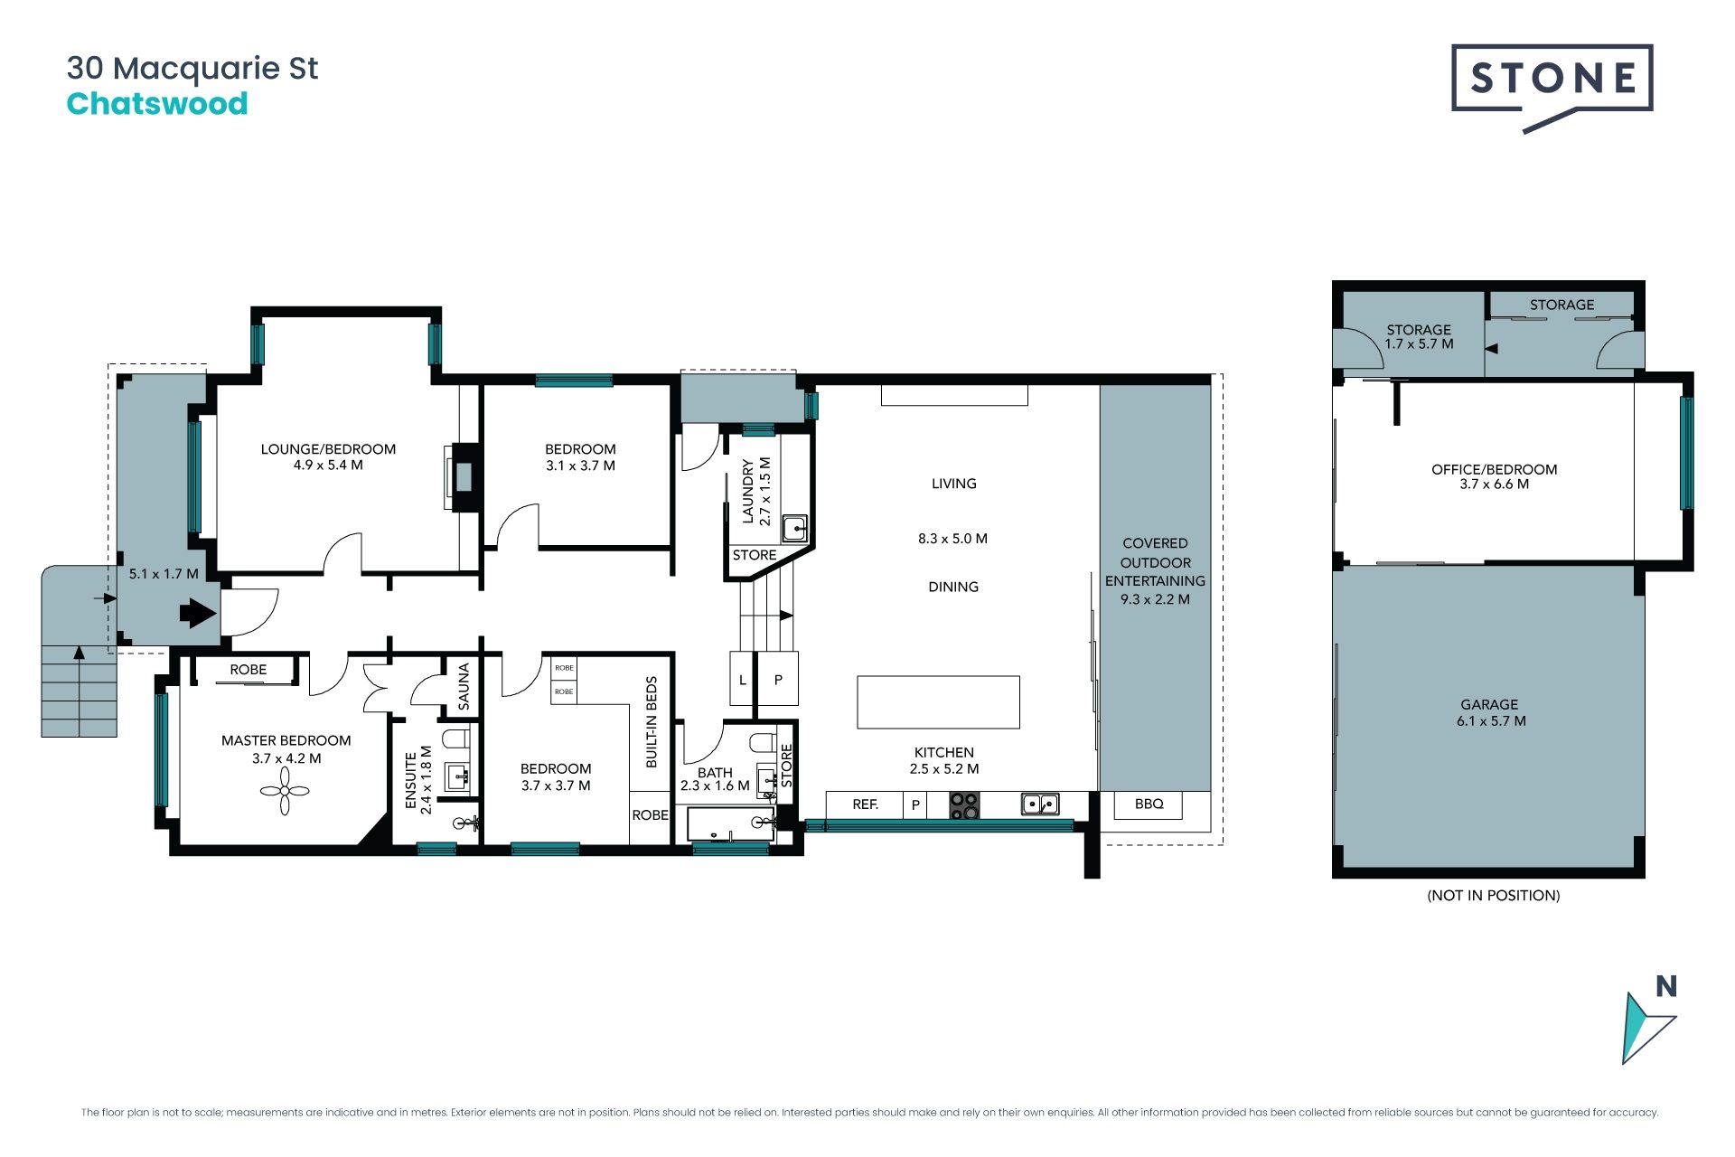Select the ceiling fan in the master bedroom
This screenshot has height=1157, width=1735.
click(285, 791)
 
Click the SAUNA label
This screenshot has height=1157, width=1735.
click(464, 686)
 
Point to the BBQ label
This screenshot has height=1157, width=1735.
click(1149, 804)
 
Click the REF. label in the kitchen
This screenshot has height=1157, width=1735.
click(865, 804)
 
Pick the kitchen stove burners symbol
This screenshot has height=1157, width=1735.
click(964, 805)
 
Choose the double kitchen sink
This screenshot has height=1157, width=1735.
click(1040, 804)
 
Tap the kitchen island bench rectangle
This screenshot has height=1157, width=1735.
click(938, 701)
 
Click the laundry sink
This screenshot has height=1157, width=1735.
click(794, 528)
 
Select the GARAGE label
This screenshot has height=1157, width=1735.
click(1489, 704)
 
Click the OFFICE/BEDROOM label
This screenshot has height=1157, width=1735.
click(1494, 469)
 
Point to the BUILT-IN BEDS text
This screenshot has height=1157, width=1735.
click(652, 722)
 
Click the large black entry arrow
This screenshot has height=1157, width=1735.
click(198, 614)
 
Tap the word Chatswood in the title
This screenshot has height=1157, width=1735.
click(157, 104)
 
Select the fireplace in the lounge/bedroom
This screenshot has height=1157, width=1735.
click(461, 476)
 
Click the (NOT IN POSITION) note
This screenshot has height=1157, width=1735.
click(1493, 895)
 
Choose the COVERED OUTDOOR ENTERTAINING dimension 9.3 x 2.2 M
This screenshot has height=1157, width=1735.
click(1155, 599)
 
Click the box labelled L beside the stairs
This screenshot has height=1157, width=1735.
click(742, 679)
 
